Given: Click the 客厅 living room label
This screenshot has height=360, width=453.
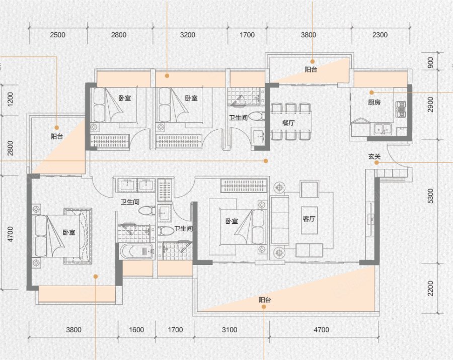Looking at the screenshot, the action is click(309, 219).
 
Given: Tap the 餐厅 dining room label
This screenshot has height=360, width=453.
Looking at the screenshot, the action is click(288, 123).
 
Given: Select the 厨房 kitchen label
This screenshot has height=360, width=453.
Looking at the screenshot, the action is click(374, 102).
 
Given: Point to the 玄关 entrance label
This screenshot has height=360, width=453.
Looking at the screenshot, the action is click(374, 156).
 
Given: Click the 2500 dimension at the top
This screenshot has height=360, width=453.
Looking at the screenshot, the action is click(57, 35).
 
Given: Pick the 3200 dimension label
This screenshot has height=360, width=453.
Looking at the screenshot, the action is click(188, 35).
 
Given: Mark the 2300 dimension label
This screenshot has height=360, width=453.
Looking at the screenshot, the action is click(380, 35).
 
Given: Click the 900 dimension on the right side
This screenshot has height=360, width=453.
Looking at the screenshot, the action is click(430, 63).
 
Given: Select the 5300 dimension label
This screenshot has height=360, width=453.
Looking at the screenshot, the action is click(430, 196).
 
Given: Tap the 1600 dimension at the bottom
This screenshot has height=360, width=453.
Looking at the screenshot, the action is click(136, 330).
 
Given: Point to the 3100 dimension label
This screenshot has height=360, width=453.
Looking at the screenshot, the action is click(230, 330).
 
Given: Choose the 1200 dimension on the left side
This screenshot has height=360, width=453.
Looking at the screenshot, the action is click(10, 100).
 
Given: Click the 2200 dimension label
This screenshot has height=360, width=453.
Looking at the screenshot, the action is click(430, 288).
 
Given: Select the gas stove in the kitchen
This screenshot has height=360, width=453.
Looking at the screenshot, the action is click(401, 109).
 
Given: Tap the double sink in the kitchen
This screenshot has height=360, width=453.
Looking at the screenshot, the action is click(383, 129).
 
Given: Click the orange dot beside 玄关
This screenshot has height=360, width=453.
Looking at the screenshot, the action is click(376, 162).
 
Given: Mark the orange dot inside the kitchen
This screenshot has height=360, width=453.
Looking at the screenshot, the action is click(371, 93).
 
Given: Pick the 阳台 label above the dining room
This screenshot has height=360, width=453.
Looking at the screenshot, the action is click(311, 69).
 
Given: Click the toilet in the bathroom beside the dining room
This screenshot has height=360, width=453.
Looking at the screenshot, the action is click(256, 116).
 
